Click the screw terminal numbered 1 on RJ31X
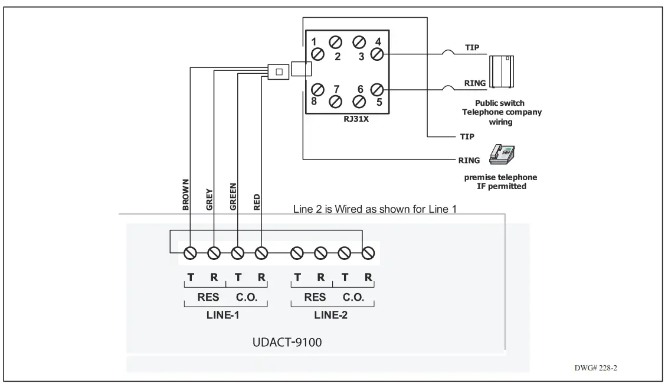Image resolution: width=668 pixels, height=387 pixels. click(317, 54)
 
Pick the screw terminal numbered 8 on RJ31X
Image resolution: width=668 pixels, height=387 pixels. click(317, 89)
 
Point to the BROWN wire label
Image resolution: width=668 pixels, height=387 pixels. click(185, 194)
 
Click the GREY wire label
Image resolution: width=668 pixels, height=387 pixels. click(209, 200)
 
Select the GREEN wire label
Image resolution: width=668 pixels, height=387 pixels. click(233, 197)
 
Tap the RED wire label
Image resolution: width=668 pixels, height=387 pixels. click(257, 202)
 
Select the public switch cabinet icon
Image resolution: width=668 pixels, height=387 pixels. click(502, 69)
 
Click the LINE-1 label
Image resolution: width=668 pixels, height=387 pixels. click(222, 315)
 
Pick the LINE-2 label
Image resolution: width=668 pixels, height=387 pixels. click(330, 315)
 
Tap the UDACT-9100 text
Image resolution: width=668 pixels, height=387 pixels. click(287, 343)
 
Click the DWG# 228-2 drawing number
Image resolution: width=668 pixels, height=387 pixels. click(595, 368)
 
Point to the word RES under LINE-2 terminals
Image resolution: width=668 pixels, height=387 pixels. click(315, 297)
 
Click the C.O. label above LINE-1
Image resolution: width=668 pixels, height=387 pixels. click(247, 297)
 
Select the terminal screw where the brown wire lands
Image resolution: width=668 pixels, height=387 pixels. click(190, 253)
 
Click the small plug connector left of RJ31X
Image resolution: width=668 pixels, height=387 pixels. click(279, 71)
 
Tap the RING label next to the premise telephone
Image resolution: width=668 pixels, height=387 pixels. click(469, 160)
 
